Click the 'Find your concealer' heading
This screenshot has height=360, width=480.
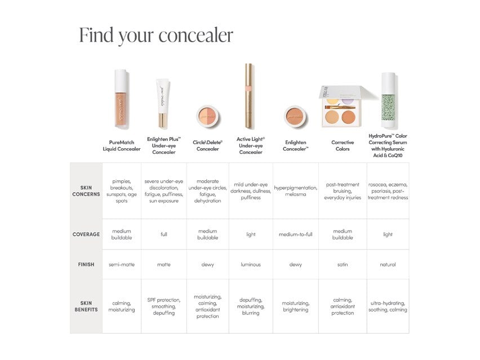tap(156, 35)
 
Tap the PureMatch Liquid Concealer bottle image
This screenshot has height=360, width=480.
tap(121, 99)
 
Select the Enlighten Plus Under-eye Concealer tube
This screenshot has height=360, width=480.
tap(163, 104)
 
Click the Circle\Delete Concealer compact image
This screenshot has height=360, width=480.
tap(207, 117)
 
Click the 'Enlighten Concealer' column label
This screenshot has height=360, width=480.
tap(296, 146)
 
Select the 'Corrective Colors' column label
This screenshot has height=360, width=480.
tap(343, 146)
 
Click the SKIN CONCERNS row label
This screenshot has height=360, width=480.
tap(86, 191)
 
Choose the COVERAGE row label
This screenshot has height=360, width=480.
tap(86, 234)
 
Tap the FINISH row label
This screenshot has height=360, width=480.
tap(86, 264)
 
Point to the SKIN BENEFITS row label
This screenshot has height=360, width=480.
tap(86, 306)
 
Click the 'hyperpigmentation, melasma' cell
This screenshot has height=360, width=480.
tap(296, 190)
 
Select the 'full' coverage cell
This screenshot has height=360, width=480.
tap(164, 234)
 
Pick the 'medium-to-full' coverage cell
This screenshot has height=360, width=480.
tap(296, 234)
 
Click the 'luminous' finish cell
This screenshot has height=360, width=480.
tap(251, 264)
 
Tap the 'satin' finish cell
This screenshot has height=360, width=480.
tap(343, 264)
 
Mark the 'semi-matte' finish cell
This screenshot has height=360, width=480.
tap(122, 264)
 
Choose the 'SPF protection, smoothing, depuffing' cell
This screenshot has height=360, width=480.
tap(164, 306)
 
